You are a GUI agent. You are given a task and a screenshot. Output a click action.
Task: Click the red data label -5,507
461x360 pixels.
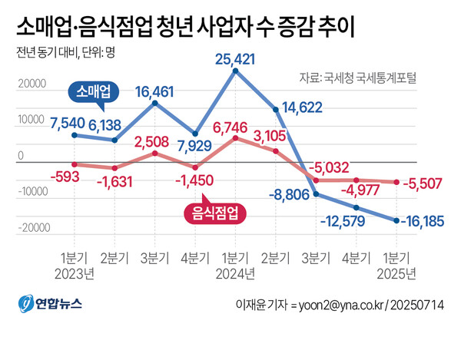(x=429, y=185)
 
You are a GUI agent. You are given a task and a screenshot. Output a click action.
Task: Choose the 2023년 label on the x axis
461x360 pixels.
(x=75, y=272)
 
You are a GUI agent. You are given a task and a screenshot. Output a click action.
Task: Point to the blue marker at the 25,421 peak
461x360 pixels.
(x=235, y=71)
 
